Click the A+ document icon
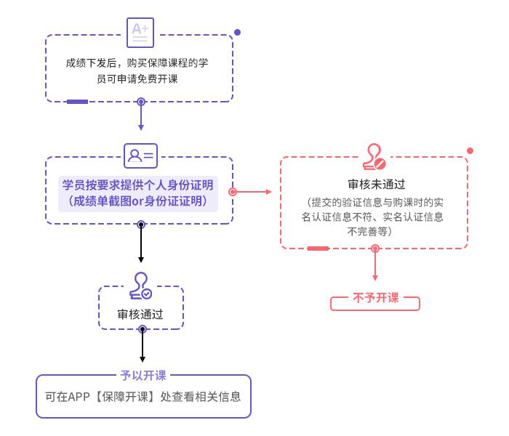[140, 32]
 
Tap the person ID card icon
[140, 155]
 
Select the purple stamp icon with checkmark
[140, 286]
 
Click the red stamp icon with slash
[374, 156]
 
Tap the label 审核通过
[140, 315]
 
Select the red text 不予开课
[375, 298]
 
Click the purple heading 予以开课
[143, 376]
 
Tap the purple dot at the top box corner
[237, 33]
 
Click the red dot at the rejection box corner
[470, 150]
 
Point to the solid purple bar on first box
[77, 102]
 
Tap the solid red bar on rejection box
[318, 249]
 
